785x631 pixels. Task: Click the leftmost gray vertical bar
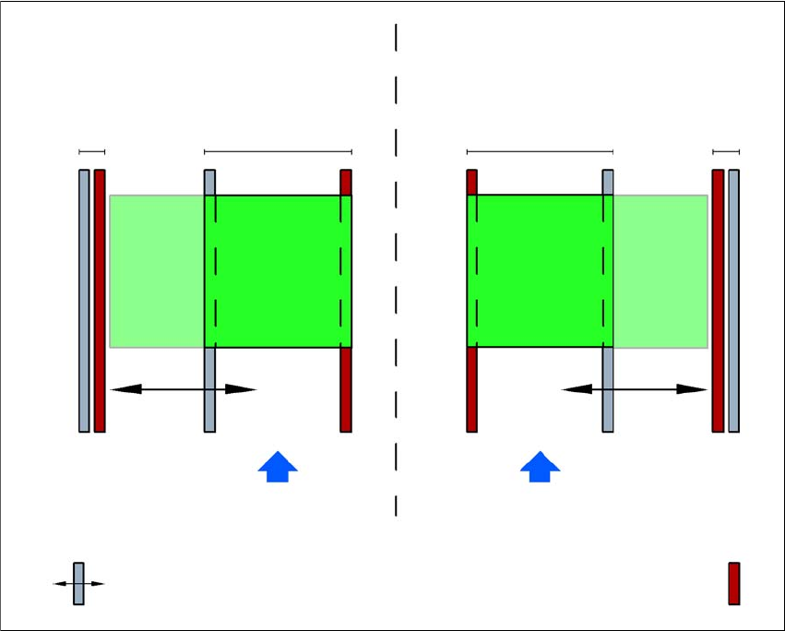point(84,300)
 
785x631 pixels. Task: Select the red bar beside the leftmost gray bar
point(100,300)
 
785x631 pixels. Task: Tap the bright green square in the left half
point(278,271)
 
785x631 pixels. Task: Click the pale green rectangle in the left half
point(157,271)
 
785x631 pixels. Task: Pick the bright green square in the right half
point(540,271)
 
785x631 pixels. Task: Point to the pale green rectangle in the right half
point(660,271)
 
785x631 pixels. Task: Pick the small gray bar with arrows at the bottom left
point(78,583)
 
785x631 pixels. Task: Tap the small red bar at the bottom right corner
point(734,583)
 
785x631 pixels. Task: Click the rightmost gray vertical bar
point(734,300)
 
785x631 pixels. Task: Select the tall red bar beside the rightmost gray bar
point(718,300)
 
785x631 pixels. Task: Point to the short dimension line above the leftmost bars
point(92,150)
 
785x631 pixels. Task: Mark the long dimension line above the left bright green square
point(278,150)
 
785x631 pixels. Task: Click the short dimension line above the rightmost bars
point(726,150)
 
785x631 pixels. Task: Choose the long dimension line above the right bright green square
point(540,150)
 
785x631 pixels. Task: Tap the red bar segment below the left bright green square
point(346,389)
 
